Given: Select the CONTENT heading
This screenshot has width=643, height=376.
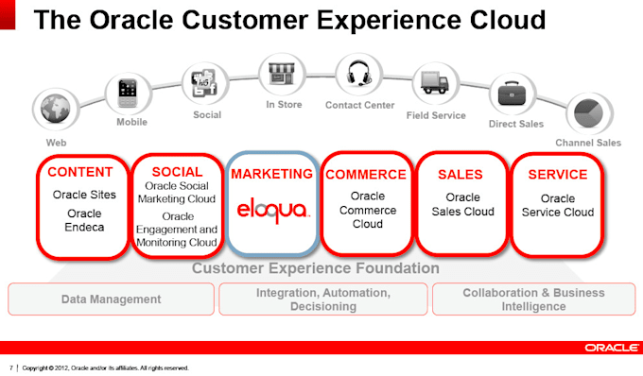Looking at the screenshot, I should [80, 173].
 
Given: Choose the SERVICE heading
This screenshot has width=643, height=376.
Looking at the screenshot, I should [558, 175].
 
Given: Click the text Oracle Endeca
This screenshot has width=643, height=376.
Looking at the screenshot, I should [83, 220].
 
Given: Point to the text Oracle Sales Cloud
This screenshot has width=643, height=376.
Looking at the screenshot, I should [462, 204].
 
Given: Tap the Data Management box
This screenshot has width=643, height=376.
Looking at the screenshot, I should [111, 299].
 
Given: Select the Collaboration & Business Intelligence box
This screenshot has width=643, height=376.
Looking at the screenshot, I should [533, 299].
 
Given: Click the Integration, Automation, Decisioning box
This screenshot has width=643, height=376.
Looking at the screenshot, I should [322, 299].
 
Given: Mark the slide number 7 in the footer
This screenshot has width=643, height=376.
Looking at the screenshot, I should [10, 367].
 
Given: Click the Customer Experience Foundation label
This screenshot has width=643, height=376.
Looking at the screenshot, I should [315, 269].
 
